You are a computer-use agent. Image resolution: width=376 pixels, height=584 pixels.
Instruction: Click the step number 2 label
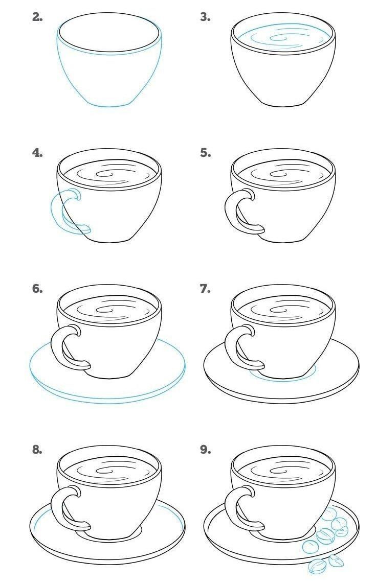click(x=37, y=17)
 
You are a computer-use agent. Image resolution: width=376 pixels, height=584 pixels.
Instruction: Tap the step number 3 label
click(x=205, y=17)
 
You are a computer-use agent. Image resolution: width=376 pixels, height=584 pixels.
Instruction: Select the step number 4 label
click(x=37, y=152)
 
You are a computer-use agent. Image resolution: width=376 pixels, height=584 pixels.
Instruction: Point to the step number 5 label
click(x=205, y=152)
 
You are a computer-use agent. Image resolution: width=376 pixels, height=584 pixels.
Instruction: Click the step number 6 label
click(x=37, y=289)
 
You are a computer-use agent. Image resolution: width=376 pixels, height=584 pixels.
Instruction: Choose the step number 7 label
click(x=205, y=289)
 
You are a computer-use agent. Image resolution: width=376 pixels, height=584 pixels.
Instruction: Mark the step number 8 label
click(x=37, y=450)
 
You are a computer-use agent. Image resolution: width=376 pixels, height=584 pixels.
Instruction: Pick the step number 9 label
click(x=205, y=450)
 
